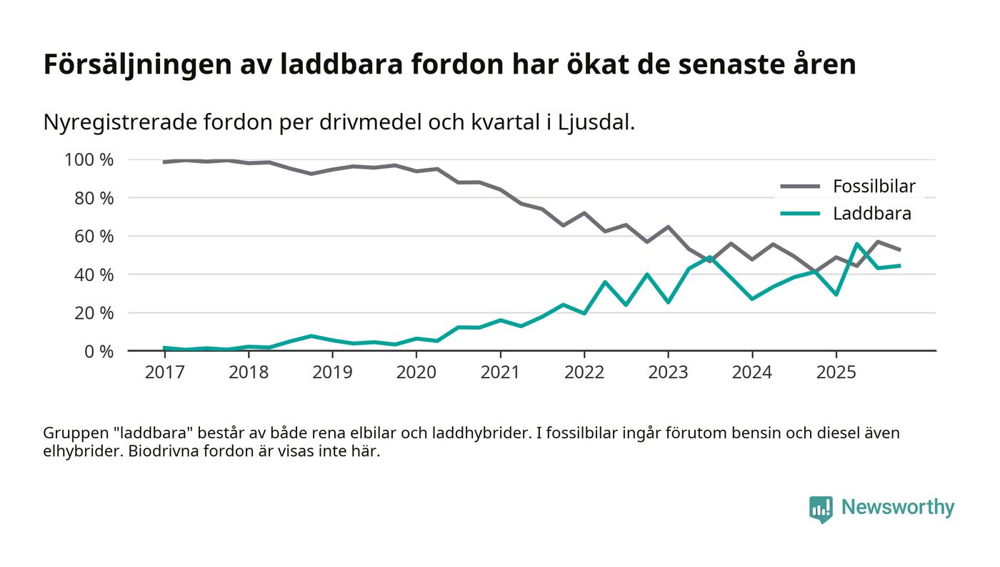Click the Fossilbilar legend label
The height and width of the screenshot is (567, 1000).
(x=874, y=187)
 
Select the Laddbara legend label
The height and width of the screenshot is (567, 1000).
(x=871, y=214)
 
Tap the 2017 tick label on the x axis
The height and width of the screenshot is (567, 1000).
(x=164, y=373)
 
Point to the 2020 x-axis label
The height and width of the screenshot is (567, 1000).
(x=416, y=373)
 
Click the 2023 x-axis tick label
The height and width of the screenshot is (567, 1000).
(x=668, y=373)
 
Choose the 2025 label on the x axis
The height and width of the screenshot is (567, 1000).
(x=836, y=373)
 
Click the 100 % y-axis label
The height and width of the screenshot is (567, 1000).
(x=89, y=159)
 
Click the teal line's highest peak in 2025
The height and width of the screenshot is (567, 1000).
(x=856, y=244)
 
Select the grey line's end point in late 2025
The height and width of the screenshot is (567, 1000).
(x=899, y=250)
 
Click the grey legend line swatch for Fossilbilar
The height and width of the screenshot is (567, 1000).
(x=800, y=187)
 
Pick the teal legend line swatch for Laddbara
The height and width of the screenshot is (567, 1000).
(x=800, y=214)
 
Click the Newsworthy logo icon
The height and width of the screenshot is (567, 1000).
(x=821, y=508)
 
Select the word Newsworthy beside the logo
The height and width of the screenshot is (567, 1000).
(x=897, y=508)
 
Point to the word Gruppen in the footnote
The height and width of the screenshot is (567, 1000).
(x=72, y=433)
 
